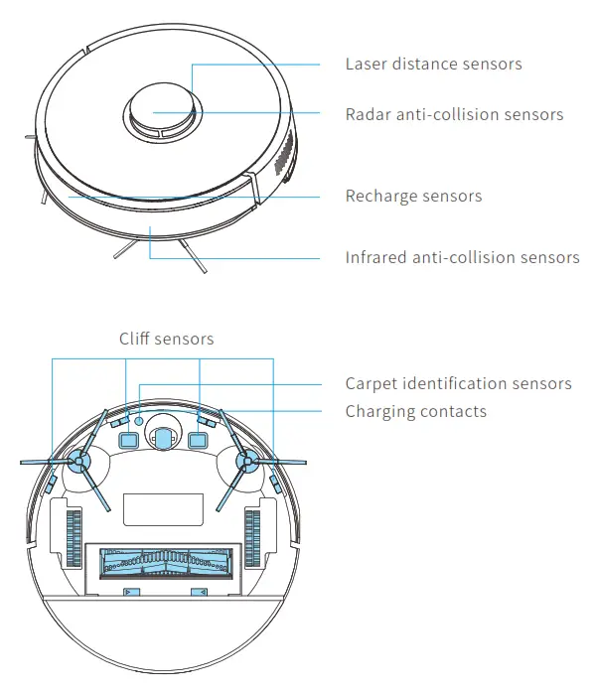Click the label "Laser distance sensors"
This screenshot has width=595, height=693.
tap(433, 65)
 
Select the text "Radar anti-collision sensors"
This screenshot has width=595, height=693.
tap(454, 114)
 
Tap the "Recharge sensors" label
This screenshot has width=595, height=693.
tap(413, 197)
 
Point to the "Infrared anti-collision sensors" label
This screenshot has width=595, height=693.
tap(462, 258)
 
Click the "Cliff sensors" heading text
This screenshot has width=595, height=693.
tap(166, 340)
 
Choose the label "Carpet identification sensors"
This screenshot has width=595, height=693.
tap(458, 384)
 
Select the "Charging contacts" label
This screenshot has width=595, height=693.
tap(415, 411)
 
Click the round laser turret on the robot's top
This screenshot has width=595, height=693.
tap(159, 110)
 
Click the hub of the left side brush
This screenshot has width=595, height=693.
tap(76, 461)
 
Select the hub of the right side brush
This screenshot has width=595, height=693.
tap(242, 461)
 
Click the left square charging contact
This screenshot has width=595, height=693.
tap(127, 438)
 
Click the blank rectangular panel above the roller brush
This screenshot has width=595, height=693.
tap(159, 509)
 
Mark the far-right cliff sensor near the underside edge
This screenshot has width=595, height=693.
tap(274, 483)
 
